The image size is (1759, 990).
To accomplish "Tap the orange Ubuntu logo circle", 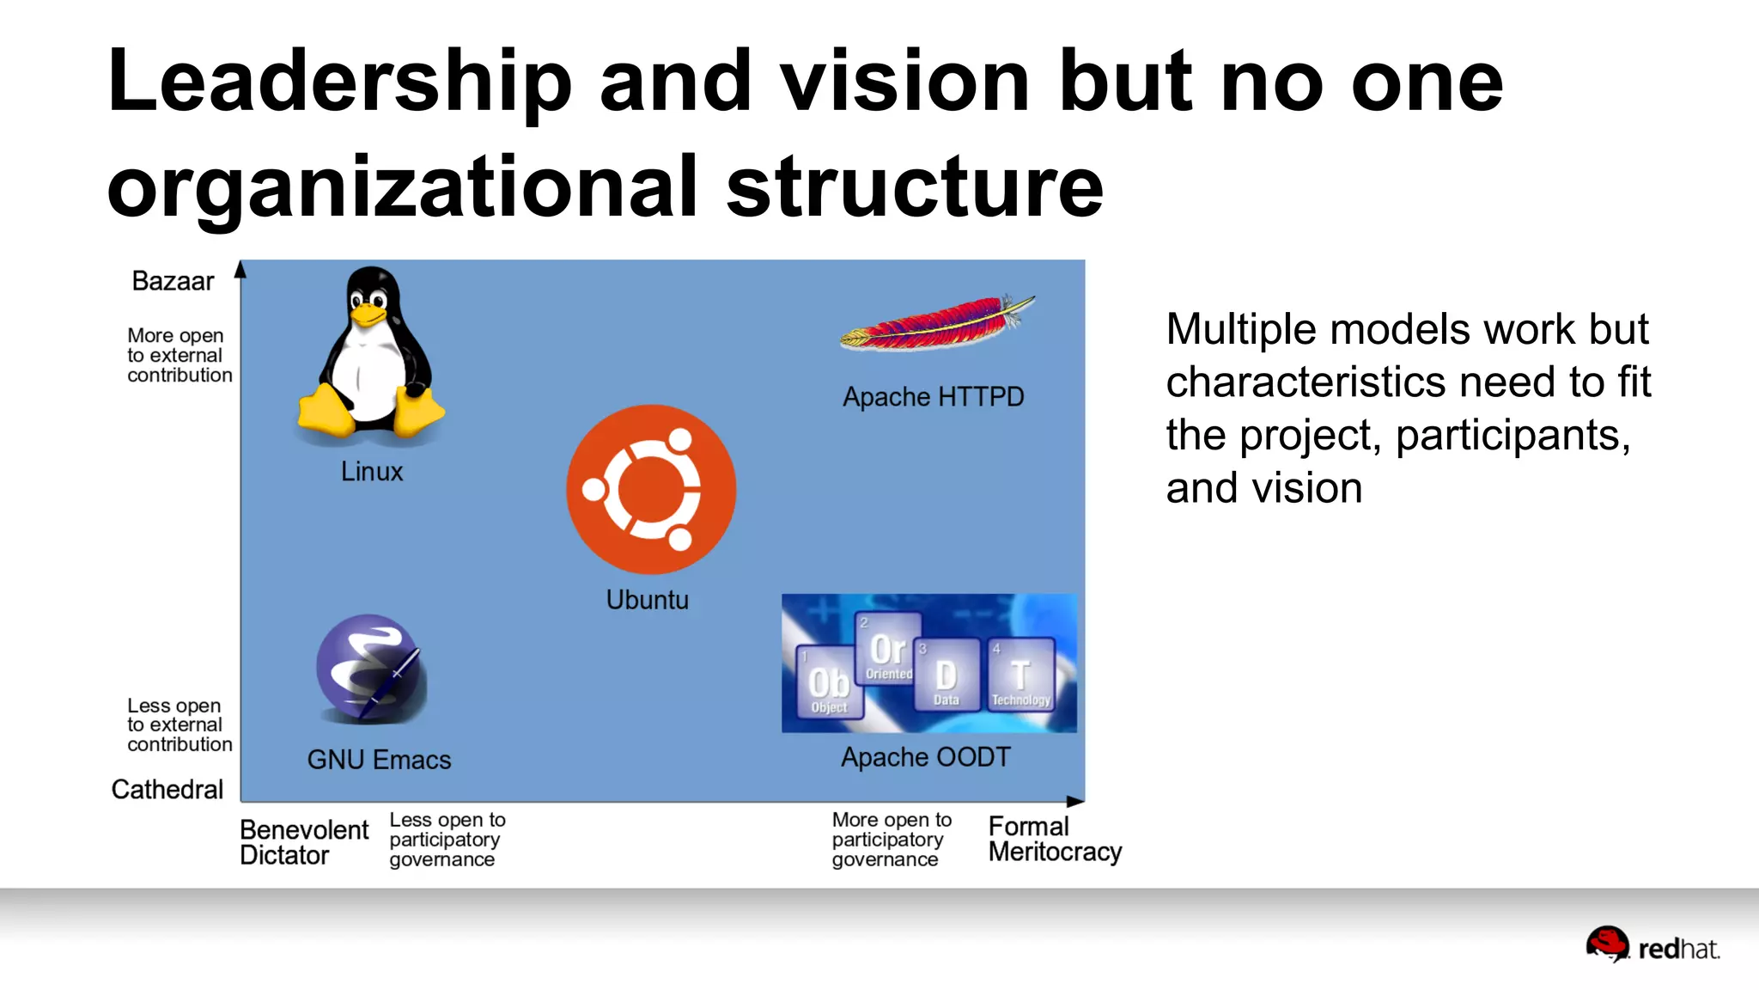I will click(x=651, y=489).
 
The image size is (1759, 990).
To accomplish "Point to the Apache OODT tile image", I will click(x=928, y=663).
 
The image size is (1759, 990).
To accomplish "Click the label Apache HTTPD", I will click(x=934, y=397).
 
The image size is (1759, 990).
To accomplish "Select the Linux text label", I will click(x=371, y=472).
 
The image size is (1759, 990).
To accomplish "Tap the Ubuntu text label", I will click(x=648, y=600).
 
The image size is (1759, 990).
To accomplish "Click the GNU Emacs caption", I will click(x=379, y=760).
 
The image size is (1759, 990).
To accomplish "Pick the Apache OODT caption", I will click(x=926, y=757).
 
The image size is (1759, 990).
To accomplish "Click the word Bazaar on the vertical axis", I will click(x=173, y=281).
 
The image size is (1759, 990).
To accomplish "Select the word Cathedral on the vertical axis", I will click(x=167, y=789).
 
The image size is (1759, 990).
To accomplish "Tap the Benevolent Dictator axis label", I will click(x=304, y=842).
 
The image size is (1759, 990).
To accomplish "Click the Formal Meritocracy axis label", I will click(x=1055, y=839).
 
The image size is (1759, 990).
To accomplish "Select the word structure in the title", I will click(x=915, y=187).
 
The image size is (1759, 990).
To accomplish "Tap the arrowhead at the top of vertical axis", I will click(x=241, y=269).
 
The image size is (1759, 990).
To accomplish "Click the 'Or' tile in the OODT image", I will click(x=888, y=649).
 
